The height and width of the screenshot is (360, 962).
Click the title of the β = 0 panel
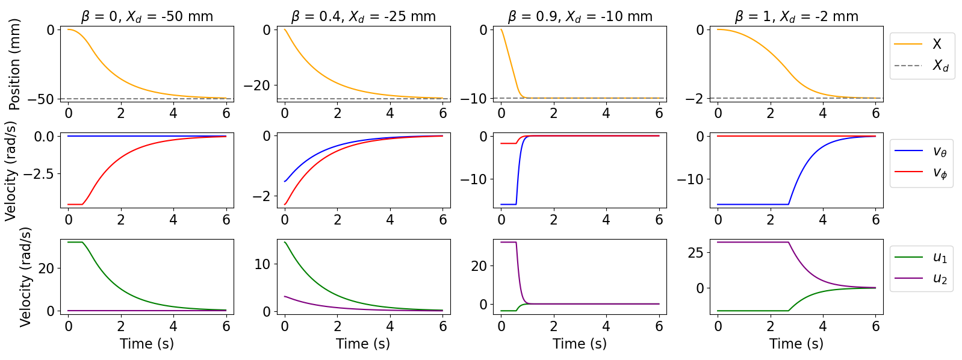(147, 16)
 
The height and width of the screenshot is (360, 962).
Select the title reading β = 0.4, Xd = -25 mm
(363, 16)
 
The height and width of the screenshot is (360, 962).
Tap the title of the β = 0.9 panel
(580, 16)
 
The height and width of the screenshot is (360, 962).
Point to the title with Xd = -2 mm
(796, 16)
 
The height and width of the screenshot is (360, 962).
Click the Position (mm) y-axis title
(15, 64)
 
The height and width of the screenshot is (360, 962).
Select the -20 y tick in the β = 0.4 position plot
(257, 85)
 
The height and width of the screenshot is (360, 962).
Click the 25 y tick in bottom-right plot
(695, 253)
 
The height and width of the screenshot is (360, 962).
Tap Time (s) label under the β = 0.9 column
(580, 344)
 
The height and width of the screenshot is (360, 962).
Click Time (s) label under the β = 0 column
(147, 344)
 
